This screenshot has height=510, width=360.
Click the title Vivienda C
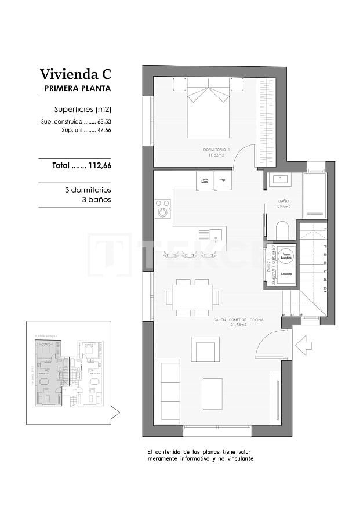pyautogui.click(x=75, y=74)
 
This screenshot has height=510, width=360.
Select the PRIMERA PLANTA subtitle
pyautogui.click(x=77, y=89)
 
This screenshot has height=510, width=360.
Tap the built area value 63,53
pyautogui.click(x=104, y=122)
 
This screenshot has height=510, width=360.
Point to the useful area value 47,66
pyautogui.click(x=104, y=131)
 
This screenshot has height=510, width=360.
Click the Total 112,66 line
pyautogui.click(x=81, y=165)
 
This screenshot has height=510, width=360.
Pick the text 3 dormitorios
pyautogui.click(x=88, y=190)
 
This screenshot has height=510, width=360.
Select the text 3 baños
pyautogui.click(x=96, y=200)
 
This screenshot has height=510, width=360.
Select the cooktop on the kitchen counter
pyautogui.click(x=163, y=208)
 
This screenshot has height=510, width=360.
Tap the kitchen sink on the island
pyautogui.click(x=215, y=234)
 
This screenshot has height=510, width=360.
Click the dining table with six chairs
pyautogui.click(x=192, y=298)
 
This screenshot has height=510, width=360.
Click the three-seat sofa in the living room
pyautogui.click(x=168, y=390)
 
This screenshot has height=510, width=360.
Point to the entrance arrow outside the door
pyautogui.click(x=303, y=346)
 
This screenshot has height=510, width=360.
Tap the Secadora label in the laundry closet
pyautogui.click(x=286, y=273)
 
